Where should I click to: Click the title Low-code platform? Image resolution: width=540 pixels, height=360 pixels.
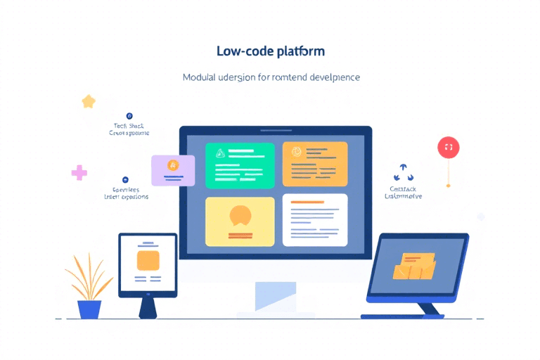click(x=271, y=52)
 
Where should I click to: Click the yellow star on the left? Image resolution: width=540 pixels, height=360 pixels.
click(x=89, y=102)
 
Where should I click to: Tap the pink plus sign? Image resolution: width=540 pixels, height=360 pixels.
click(x=79, y=172)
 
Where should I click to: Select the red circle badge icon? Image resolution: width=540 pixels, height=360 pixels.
click(x=448, y=147)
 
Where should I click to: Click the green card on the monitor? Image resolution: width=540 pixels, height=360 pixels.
click(x=240, y=165)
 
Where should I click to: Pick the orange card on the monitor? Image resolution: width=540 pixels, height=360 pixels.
click(x=315, y=165)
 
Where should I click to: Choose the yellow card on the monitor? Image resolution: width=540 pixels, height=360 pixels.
click(x=240, y=221)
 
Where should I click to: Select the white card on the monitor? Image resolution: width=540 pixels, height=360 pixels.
click(x=315, y=219)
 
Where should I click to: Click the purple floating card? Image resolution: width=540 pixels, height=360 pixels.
click(x=173, y=170)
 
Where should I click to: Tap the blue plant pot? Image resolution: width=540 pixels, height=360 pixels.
click(x=89, y=309)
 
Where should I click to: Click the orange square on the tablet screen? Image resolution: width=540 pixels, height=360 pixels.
click(x=148, y=261)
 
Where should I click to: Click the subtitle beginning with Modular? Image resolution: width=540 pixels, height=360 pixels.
click(x=271, y=77)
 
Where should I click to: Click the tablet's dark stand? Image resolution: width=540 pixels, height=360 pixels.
click(x=148, y=307)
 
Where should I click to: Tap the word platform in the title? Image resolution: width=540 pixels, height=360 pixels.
click(x=300, y=52)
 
